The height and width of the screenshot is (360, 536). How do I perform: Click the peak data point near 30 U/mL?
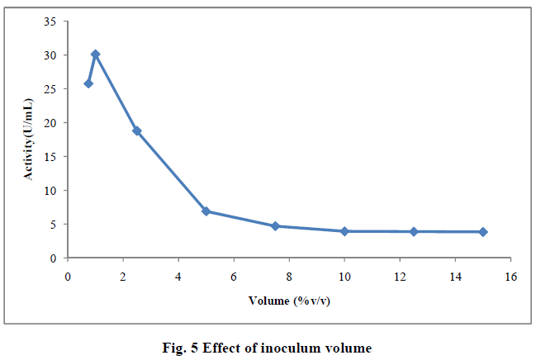pyautogui.click(x=95, y=54)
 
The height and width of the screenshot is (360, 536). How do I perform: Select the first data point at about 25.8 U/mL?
pyautogui.click(x=88, y=83)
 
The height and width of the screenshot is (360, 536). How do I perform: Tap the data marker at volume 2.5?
pyautogui.click(x=137, y=130)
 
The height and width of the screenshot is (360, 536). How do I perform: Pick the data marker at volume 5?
pyautogui.click(x=206, y=211)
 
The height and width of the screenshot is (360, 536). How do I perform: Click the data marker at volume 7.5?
pyautogui.click(x=275, y=225)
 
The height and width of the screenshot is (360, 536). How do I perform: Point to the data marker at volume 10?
pyautogui.click(x=344, y=231)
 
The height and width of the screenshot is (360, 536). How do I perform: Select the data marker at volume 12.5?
pyautogui.click(x=414, y=231)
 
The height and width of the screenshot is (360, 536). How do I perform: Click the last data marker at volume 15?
pyautogui.click(x=483, y=232)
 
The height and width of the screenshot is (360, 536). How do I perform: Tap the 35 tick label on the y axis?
pyautogui.click(x=50, y=21)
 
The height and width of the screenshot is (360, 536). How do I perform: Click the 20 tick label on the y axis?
pyautogui.click(x=50, y=123)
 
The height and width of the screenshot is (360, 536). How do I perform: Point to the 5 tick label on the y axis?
pyautogui.click(x=53, y=225)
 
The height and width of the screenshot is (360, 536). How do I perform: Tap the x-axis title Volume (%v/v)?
pyautogui.click(x=289, y=300)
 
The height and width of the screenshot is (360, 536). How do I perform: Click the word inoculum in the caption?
pyautogui.click(x=297, y=348)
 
